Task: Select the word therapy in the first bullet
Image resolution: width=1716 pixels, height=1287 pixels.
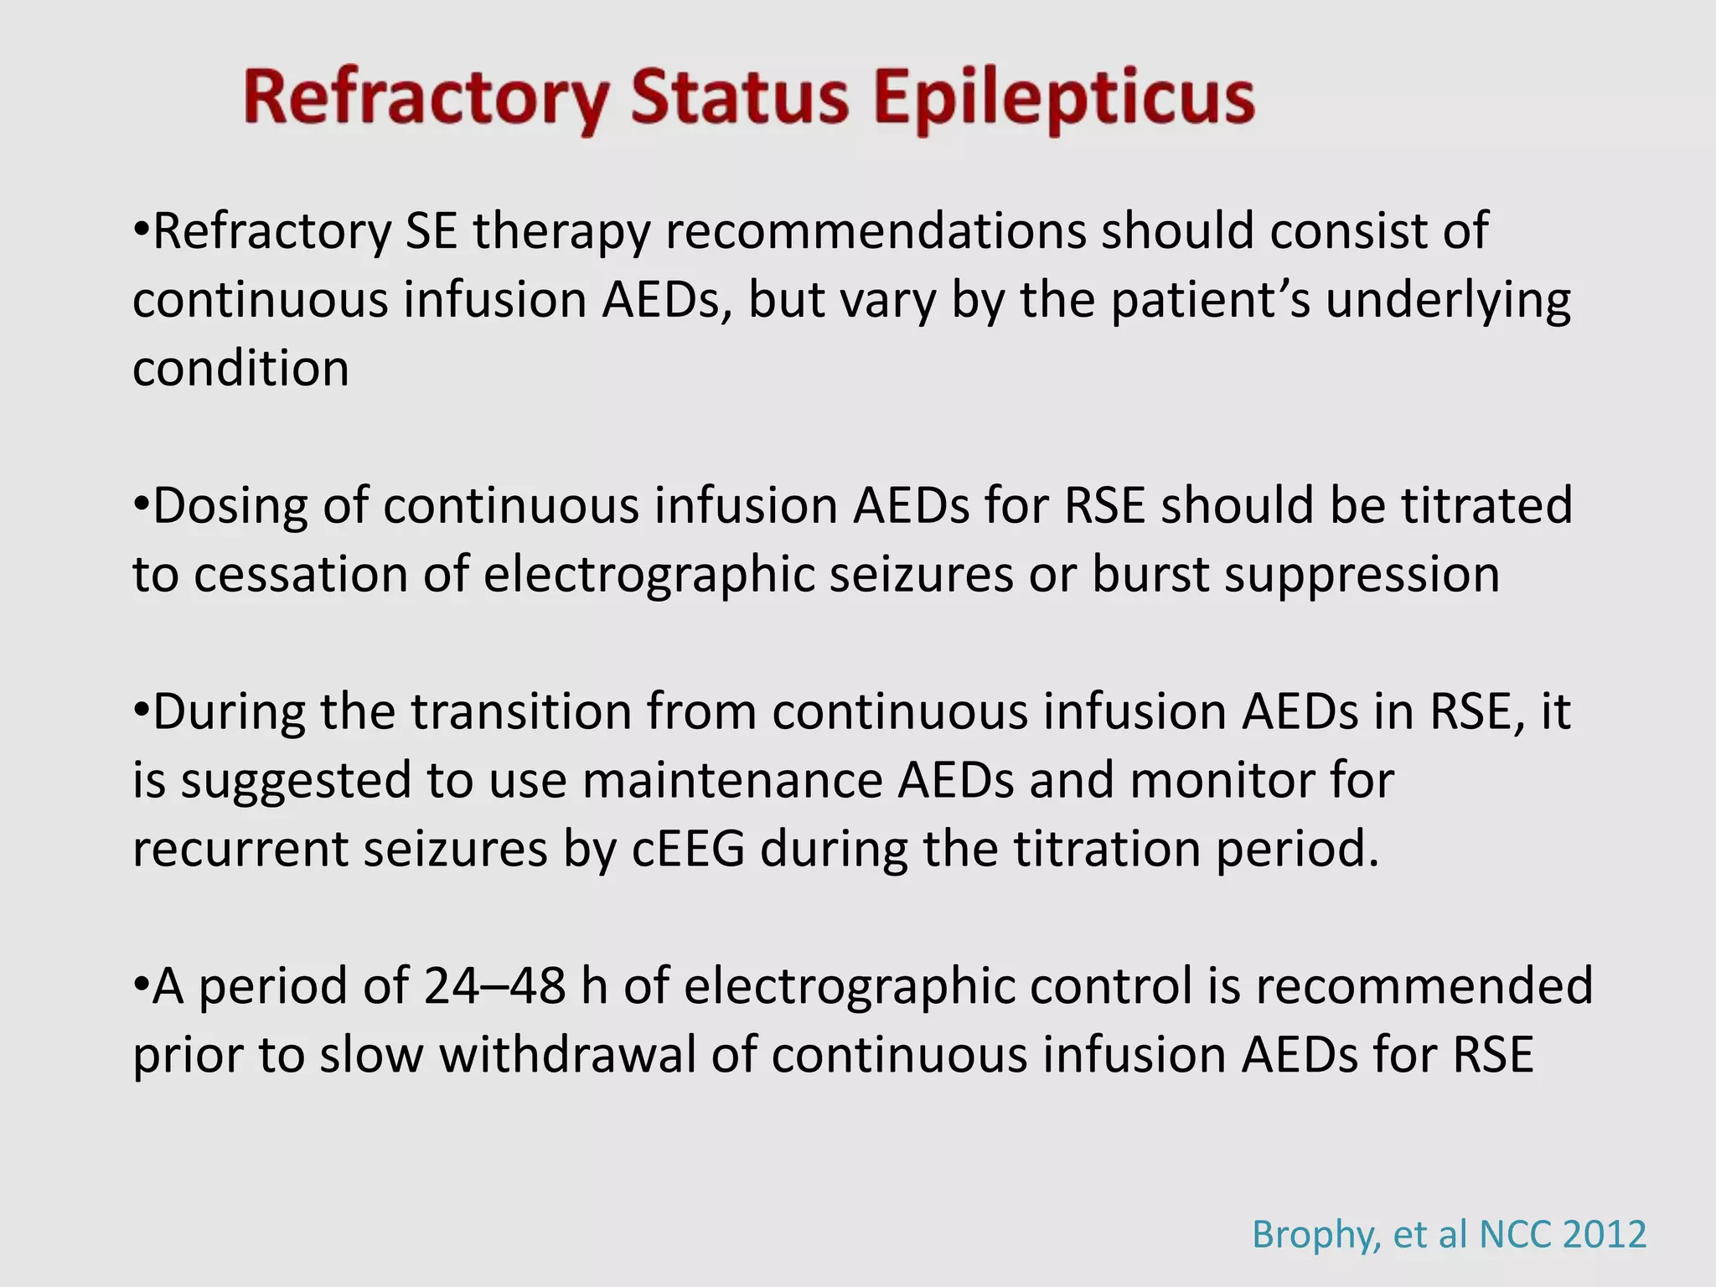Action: [561, 231]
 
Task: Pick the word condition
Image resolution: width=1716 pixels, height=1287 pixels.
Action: [240, 369]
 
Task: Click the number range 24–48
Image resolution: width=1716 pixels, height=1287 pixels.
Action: [494, 985]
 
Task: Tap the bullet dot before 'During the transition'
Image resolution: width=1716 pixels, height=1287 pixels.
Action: [141, 711]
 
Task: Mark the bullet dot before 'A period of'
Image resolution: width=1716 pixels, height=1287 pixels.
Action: [141, 985]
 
